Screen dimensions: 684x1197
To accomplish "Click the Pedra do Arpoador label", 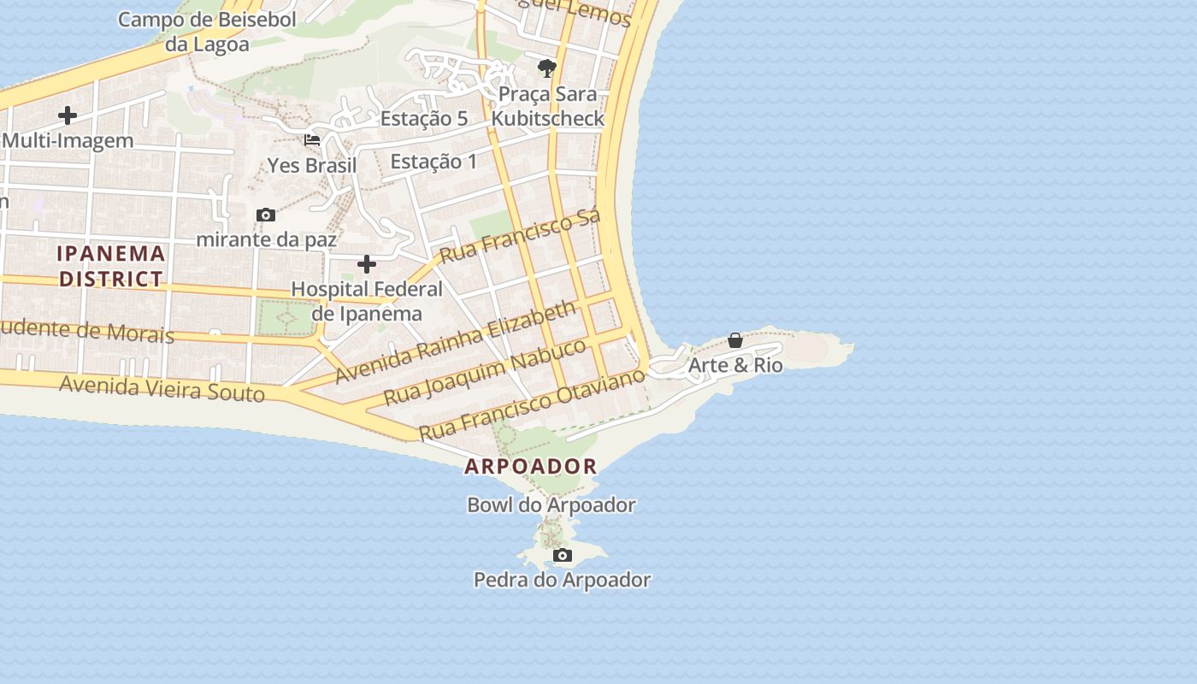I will tap(562, 580).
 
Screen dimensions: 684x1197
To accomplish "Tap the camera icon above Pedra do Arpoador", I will tap(562, 556).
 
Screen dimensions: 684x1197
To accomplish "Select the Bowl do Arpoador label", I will tap(551, 505).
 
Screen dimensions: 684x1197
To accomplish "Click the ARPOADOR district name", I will tap(530, 467).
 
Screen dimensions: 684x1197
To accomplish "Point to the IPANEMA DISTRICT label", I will tap(111, 266).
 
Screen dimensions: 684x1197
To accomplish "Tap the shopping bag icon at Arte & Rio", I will tap(734, 340).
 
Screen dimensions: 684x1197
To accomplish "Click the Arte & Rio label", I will tap(735, 365).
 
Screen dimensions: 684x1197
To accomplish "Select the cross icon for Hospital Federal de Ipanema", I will tap(367, 264).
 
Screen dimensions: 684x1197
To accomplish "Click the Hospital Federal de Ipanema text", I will tap(367, 301).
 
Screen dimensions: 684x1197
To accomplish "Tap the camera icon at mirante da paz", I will tap(266, 215).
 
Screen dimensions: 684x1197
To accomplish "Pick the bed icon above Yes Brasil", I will tap(312, 140).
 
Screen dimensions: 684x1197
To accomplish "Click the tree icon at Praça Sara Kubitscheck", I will tap(547, 68).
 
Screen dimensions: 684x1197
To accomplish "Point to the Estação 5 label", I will tap(424, 119).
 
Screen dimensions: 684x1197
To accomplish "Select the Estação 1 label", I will tap(433, 161).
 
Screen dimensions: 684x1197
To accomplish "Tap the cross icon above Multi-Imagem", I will tap(68, 115).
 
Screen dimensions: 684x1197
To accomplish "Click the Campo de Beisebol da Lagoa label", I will tap(207, 32).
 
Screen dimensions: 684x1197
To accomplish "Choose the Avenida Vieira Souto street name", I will tap(162, 389).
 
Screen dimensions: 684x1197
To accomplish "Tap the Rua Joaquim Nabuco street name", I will tap(485, 372).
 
